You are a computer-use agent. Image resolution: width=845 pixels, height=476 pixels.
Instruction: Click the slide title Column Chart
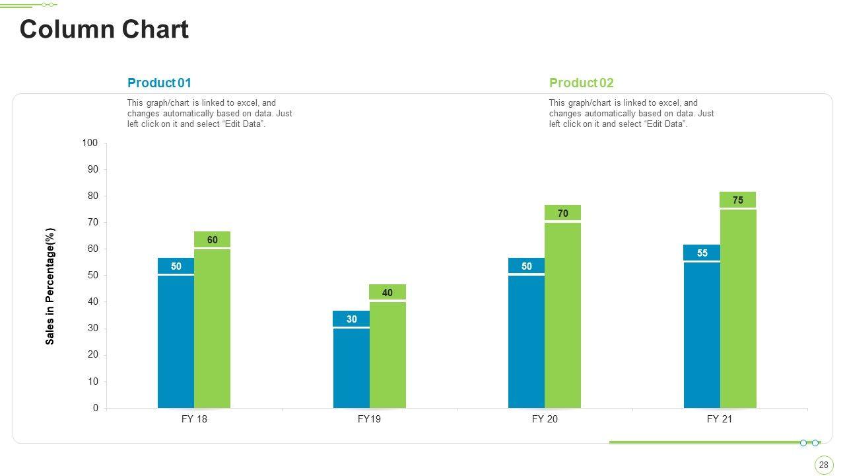click(x=104, y=30)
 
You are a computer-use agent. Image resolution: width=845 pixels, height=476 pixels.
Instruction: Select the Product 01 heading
click(x=159, y=83)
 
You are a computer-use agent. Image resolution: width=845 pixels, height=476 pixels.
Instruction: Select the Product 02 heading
click(x=581, y=83)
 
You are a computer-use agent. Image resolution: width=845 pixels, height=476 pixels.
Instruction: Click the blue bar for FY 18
click(x=176, y=340)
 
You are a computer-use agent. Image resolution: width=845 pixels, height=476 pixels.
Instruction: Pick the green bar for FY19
click(x=388, y=354)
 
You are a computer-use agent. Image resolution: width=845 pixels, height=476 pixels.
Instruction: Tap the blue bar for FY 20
click(x=526, y=340)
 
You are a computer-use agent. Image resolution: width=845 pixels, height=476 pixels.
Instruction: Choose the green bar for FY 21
click(x=738, y=307)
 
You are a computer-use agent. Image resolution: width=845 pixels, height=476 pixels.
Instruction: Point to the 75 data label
click(x=738, y=200)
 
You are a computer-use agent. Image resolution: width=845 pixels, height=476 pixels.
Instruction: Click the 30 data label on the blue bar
click(x=351, y=319)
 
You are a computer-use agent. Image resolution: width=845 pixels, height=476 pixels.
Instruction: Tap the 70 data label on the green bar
click(x=562, y=214)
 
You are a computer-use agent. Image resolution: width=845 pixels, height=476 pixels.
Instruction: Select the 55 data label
click(x=702, y=253)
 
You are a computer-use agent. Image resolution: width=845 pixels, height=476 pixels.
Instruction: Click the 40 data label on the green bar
click(x=388, y=293)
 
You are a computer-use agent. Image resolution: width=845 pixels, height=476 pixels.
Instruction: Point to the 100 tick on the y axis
click(x=90, y=143)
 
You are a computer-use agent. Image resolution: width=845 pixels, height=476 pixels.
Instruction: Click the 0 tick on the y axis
click(x=96, y=408)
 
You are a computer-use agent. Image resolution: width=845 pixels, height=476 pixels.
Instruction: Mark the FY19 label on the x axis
click(x=369, y=419)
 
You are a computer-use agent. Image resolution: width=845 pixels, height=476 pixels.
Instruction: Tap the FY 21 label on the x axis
click(x=720, y=419)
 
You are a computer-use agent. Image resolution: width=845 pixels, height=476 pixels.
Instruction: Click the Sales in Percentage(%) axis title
click(x=50, y=286)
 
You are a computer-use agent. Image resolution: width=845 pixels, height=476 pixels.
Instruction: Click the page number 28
click(x=823, y=465)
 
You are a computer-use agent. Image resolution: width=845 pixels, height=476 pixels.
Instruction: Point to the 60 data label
click(x=212, y=240)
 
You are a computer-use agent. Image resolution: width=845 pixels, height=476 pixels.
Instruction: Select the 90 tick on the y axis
click(x=92, y=170)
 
